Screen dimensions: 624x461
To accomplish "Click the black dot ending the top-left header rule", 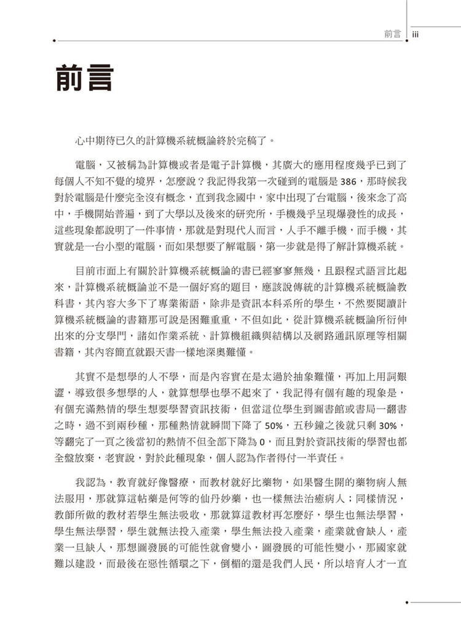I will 55,42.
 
